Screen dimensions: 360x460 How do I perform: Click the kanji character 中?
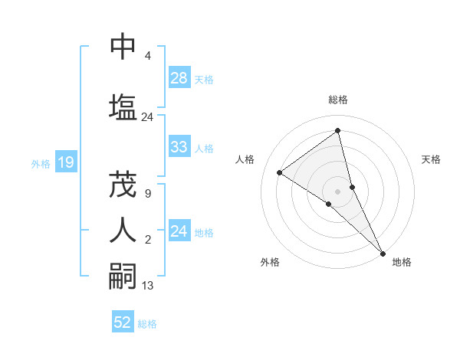point(123,47)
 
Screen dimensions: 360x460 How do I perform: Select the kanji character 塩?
point(123,106)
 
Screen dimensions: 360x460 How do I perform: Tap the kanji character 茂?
point(123,184)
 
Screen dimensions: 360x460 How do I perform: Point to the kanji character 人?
point(123,230)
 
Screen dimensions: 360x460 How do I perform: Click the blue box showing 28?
point(179,78)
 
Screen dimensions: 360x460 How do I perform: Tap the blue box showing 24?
point(179,231)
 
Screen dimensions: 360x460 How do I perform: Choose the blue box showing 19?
point(65,162)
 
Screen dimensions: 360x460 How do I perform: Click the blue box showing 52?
point(123,322)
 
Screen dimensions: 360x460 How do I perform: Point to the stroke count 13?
point(148,286)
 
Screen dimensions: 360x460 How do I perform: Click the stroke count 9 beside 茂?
point(147,193)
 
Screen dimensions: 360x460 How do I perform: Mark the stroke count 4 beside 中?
point(147,56)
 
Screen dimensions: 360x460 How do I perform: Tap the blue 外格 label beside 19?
point(41,162)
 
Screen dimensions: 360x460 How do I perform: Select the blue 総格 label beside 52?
point(147,323)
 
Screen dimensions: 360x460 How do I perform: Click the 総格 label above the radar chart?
point(338,100)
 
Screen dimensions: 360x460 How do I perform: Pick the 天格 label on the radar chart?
point(432,159)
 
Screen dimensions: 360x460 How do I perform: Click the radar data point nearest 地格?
point(383,253)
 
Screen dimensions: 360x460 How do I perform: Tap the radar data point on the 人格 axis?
point(280,172)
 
